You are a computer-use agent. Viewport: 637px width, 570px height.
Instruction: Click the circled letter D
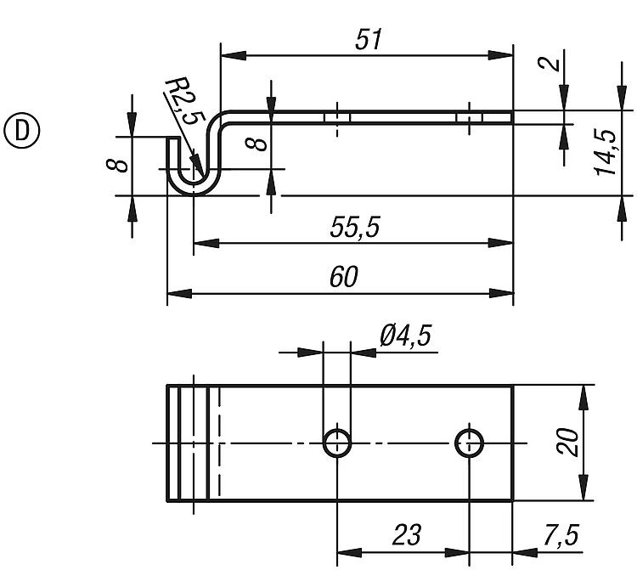pos(22,131)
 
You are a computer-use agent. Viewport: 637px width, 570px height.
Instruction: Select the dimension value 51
pos(369,39)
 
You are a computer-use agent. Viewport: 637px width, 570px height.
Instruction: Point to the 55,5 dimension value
pos(355,227)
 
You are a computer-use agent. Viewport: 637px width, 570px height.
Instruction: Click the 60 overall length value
pos(344,277)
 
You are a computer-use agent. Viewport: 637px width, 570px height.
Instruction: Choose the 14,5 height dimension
pos(606,152)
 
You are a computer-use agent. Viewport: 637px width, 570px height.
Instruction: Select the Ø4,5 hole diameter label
pos(405,336)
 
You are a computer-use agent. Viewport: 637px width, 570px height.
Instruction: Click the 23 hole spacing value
pos(406,534)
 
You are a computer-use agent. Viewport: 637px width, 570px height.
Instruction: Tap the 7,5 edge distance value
pos(561,534)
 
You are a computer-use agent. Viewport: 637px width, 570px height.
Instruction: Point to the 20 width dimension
pos(567,442)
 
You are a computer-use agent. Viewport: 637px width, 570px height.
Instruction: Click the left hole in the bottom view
pos(337,443)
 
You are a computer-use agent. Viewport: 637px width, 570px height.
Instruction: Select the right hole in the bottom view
pos(469,443)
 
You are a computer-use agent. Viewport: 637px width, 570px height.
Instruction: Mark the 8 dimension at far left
pos(117,166)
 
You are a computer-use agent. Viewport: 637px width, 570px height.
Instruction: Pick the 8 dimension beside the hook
pos(256,144)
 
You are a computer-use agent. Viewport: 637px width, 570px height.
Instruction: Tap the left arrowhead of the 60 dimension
pos(179,293)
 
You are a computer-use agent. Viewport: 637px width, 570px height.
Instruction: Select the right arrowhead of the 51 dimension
pos(500,55)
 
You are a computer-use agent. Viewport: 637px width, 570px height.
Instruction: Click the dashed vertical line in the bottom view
pos(219,443)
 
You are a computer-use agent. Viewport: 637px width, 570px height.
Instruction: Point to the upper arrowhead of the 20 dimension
pos(583,398)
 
